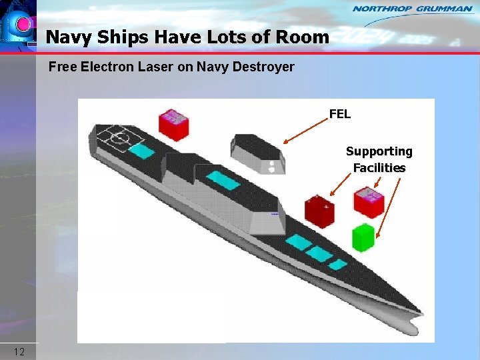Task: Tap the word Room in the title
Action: click(303, 37)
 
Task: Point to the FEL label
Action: click(339, 114)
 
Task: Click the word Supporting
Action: click(379, 152)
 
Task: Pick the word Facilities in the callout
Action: click(379, 168)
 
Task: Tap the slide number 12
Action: click(19, 351)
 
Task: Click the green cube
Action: click(363, 237)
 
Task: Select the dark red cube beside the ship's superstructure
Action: click(319, 211)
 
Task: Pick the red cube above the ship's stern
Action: click(174, 125)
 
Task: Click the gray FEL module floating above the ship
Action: click(257, 153)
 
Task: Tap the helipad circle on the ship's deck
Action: click(118, 139)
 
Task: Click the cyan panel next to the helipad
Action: click(141, 151)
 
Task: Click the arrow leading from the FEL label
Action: click(305, 131)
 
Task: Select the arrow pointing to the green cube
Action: click(389, 207)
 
